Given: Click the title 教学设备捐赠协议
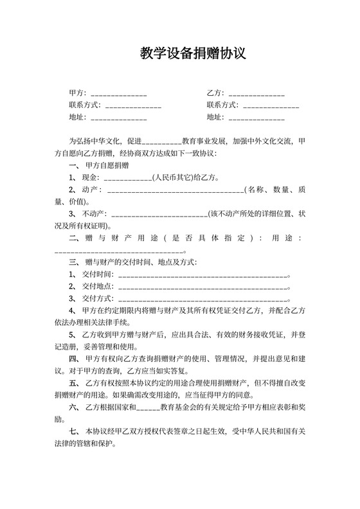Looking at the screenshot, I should click(x=193, y=53).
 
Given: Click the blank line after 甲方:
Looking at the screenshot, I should click(x=119, y=94).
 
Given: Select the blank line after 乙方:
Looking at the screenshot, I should click(x=256, y=94).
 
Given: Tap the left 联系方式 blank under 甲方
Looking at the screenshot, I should click(x=133, y=105).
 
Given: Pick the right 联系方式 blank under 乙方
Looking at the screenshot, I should click(x=271, y=105).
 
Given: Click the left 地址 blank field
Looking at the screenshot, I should click(x=119, y=118).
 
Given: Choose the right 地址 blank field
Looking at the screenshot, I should click(x=256, y=118).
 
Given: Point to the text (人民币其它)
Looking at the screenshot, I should click(x=174, y=177).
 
